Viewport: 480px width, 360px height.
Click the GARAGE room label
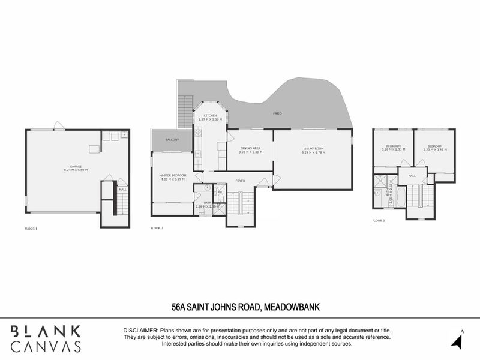click(75, 166)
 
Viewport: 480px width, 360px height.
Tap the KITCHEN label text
click(210, 115)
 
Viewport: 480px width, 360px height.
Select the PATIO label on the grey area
click(278, 113)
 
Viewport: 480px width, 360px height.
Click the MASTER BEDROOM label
click(173, 175)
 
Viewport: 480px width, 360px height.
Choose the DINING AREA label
click(250, 148)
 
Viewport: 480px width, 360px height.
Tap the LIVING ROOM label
click(313, 148)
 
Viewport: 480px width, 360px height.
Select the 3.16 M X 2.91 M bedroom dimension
click(393, 149)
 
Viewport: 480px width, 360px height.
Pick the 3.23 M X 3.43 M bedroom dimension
click(436, 149)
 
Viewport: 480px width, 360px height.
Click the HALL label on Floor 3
click(412, 176)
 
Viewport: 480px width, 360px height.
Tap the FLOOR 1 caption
click(31, 229)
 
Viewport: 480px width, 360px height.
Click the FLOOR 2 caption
click(157, 229)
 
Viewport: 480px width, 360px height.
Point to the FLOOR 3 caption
click(379, 221)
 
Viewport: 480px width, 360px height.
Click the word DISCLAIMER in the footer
click(140, 331)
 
